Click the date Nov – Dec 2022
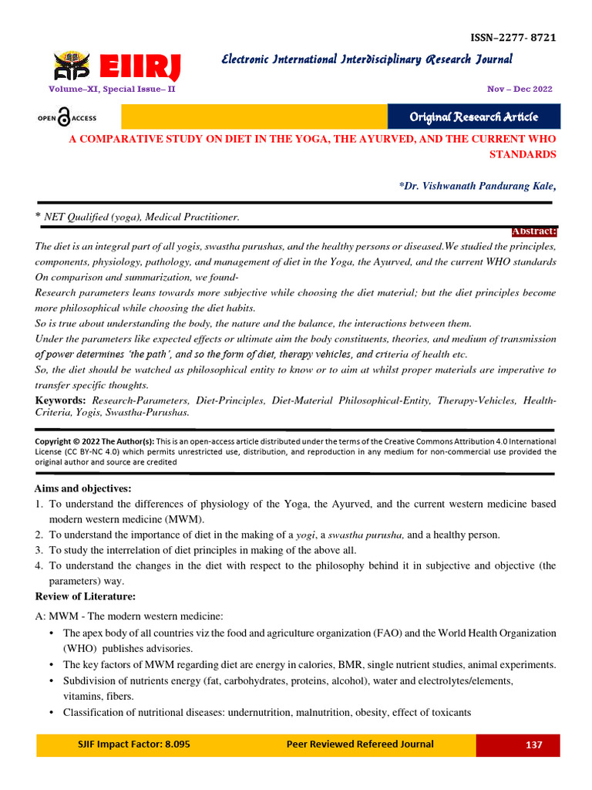[520, 89]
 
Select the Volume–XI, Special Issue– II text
[112, 89]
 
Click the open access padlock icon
[64, 117]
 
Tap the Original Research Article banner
[473, 116]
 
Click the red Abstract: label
[534, 231]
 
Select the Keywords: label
[61, 401]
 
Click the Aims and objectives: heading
[83, 488]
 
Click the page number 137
[533, 745]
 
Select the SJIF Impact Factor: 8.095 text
[133, 744]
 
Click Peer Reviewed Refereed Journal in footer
[359, 744]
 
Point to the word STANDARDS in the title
[523, 154]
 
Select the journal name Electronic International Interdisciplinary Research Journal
[366, 59]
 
